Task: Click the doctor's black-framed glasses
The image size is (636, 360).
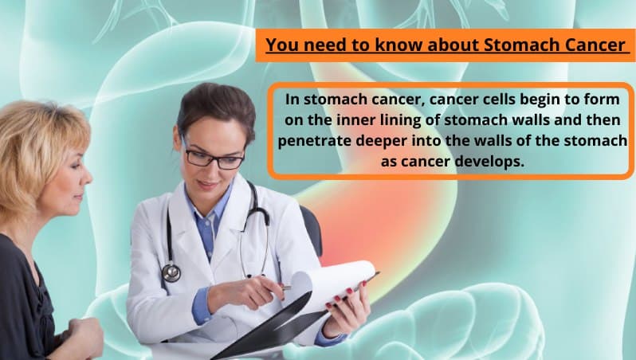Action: pos(213,156)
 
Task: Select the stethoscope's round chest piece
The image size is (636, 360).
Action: pos(171,272)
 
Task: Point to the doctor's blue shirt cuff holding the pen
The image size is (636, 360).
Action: pos(201,305)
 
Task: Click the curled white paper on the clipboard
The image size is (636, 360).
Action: pos(332,284)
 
